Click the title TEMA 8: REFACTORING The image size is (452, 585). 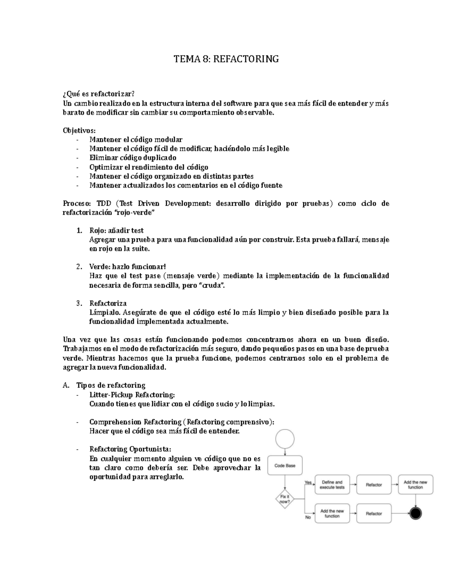(226, 59)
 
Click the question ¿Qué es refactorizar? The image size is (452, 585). (98, 94)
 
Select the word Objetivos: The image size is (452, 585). (79, 130)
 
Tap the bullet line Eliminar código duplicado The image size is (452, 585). (133, 158)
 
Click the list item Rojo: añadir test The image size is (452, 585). (116, 231)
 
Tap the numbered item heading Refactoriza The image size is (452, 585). (108, 303)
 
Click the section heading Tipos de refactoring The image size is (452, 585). (111, 385)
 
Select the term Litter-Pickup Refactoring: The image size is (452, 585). (132, 395)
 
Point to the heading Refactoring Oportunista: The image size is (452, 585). (130, 449)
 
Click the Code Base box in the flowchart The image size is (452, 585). (285, 466)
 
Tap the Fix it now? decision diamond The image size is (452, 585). (285, 499)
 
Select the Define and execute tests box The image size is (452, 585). (332, 485)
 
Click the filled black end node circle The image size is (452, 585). (415, 513)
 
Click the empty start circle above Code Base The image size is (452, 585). (285, 439)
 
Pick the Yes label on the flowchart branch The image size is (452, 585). (308, 483)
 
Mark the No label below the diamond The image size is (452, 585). (308, 517)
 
